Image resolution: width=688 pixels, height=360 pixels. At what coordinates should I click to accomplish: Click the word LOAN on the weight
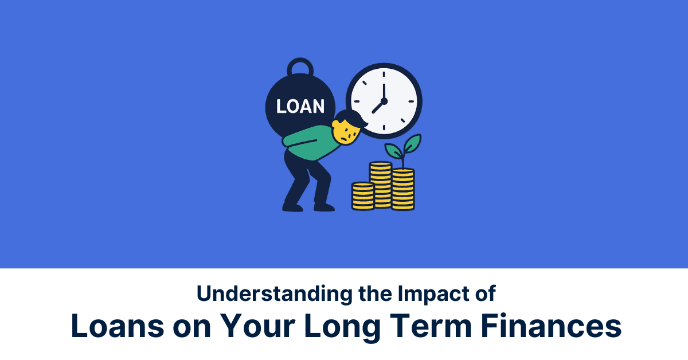point(300,106)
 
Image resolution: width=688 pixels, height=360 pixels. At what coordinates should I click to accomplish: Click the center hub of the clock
point(384,100)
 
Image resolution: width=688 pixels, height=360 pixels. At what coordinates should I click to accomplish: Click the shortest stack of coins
point(362,195)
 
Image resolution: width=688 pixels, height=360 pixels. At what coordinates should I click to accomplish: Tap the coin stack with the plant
point(403,189)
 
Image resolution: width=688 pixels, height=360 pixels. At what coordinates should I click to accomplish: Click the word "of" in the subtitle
point(483,294)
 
